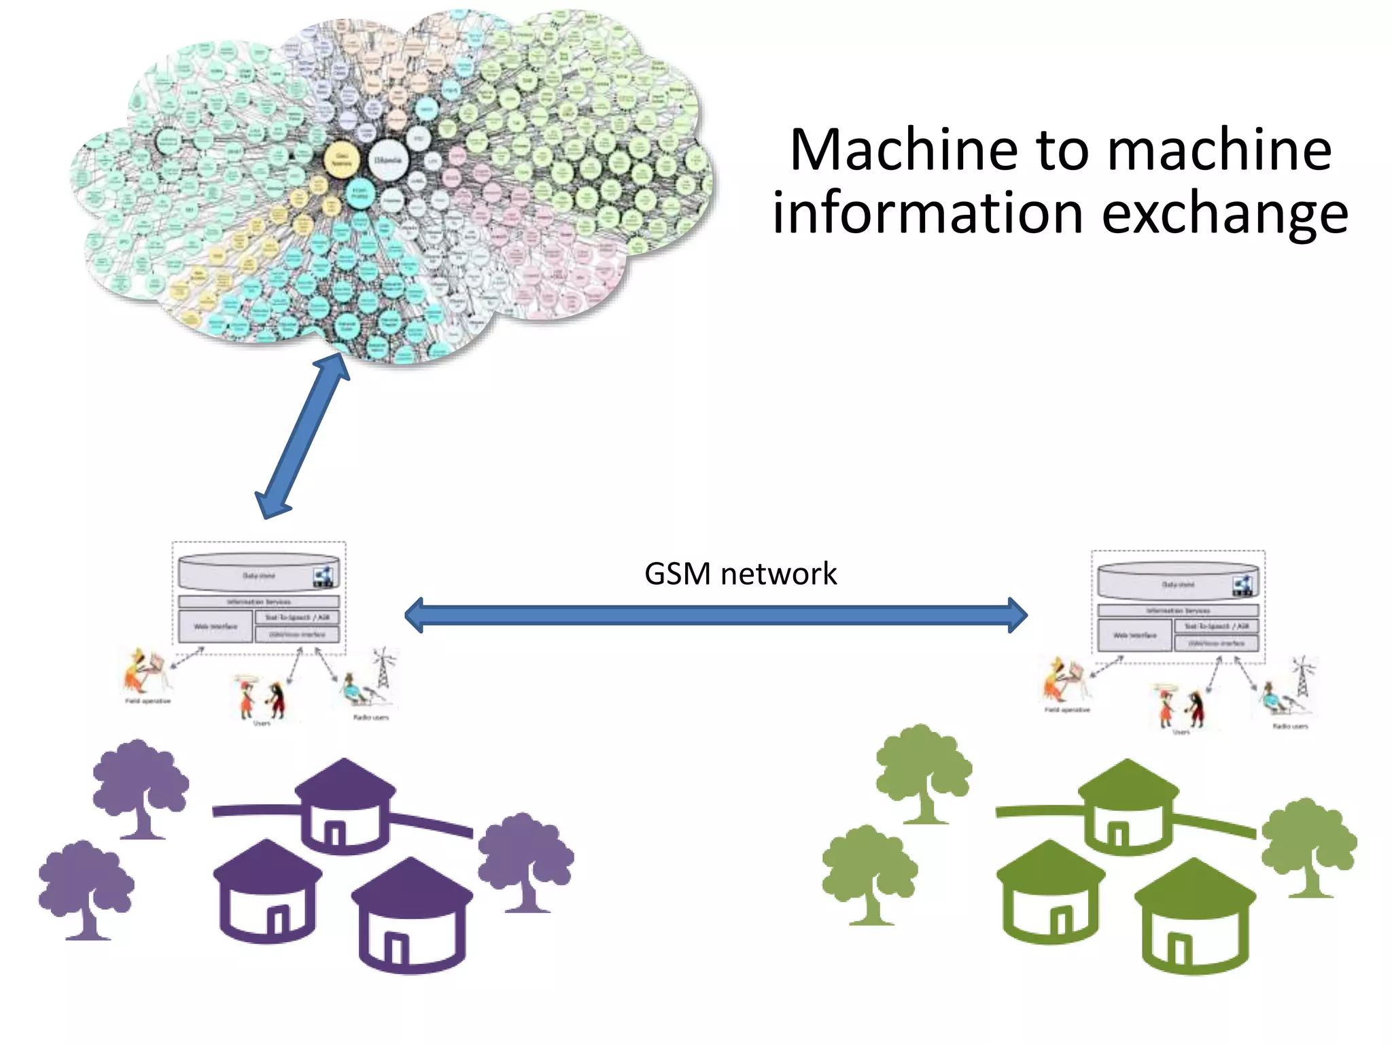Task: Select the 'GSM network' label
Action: coord(740,574)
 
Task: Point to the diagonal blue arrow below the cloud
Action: coord(302,435)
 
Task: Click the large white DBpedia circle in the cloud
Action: coord(388,160)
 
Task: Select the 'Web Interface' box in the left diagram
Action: coord(215,626)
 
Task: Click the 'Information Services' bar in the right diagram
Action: coord(1178,610)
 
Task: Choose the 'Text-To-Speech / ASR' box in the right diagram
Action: coord(1216,626)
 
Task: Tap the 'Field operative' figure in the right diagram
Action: coord(1060,680)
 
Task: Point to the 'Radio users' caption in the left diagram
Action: coord(370,717)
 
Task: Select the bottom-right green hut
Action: coord(1194,918)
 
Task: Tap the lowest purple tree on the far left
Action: coord(86,887)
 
